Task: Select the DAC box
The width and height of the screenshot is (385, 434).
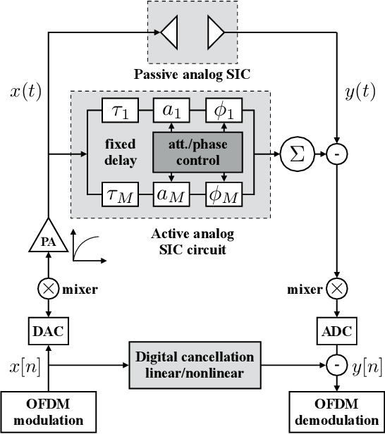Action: (x=48, y=329)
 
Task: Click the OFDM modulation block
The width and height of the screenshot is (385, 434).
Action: (x=48, y=413)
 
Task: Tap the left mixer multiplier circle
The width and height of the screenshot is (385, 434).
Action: (x=48, y=288)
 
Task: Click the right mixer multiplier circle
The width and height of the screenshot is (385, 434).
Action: (x=337, y=288)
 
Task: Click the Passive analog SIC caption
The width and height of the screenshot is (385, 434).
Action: (x=192, y=74)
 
